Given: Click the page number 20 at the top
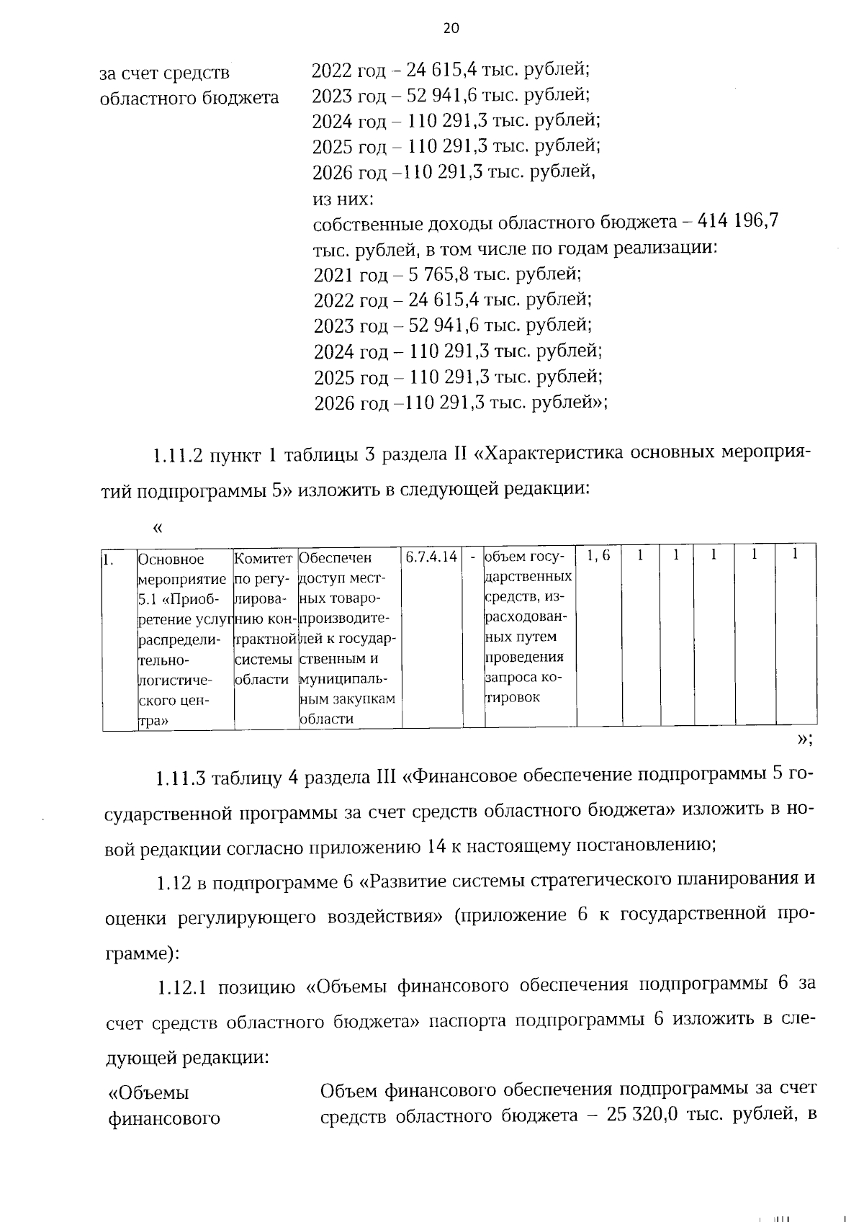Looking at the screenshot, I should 451,28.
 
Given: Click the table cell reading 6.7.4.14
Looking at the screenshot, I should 431,557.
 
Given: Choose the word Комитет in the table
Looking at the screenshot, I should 264,559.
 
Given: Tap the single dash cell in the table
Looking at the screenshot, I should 473,557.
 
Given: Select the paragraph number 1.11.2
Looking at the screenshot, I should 179,456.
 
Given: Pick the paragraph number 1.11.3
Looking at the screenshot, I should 181,778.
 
